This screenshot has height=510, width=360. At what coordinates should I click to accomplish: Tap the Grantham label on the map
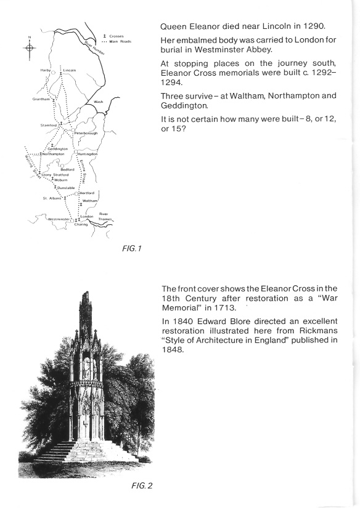click(x=41, y=99)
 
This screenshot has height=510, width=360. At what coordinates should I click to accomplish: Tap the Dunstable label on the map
click(x=65, y=187)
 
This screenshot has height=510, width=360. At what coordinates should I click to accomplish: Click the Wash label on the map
click(x=97, y=101)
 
